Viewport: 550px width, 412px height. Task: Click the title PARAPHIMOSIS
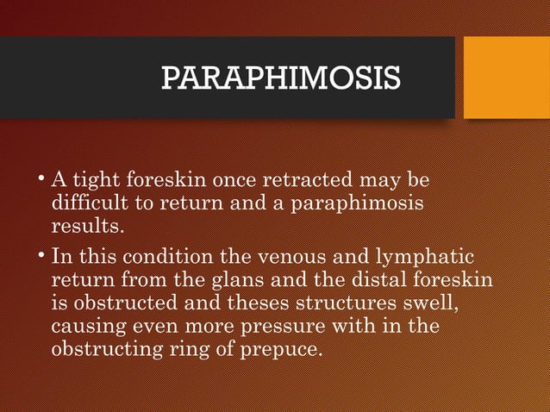[x=280, y=78]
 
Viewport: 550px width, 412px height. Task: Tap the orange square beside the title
[x=506, y=78]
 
